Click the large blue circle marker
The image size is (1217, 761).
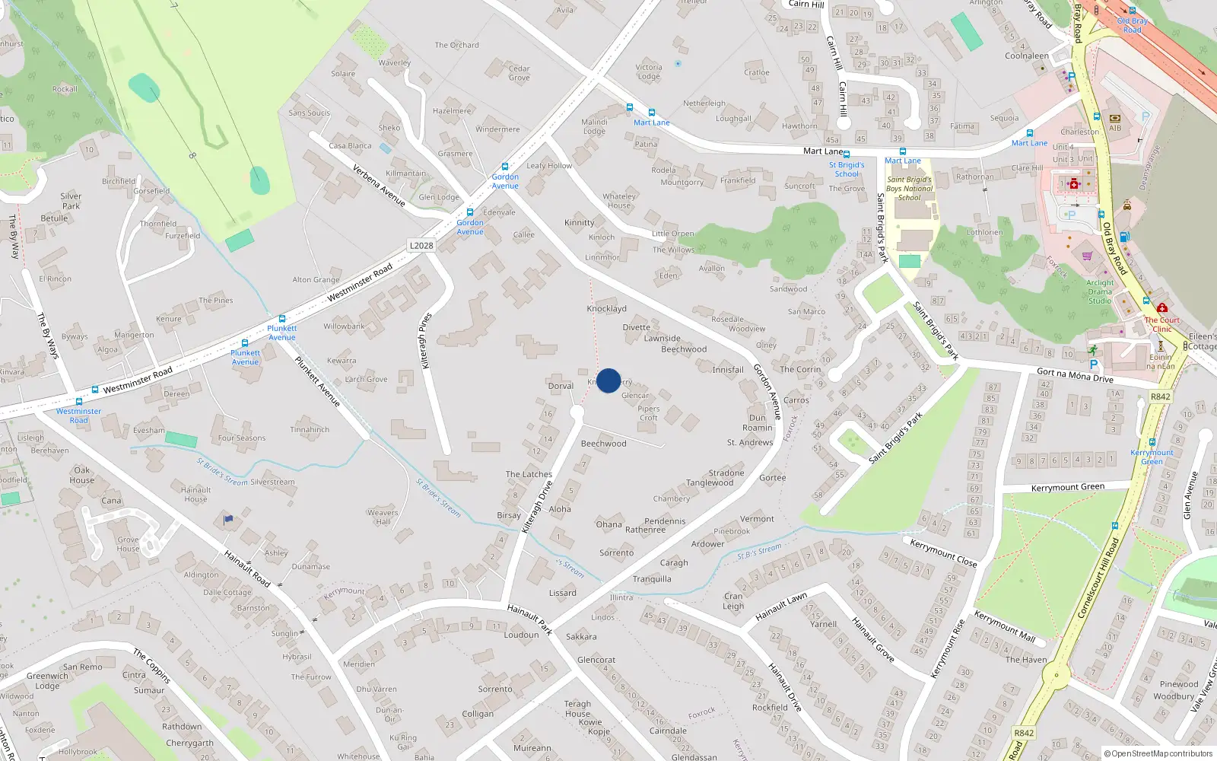pyautogui.click(x=608, y=380)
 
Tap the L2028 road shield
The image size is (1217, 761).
pyautogui.click(x=421, y=245)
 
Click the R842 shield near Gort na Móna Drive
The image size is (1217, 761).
pyautogui.click(x=1160, y=396)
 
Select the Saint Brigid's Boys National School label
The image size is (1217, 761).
pyautogui.click(x=909, y=189)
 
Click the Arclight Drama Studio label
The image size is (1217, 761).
pyautogui.click(x=1100, y=291)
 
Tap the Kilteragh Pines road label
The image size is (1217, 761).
pyautogui.click(x=426, y=340)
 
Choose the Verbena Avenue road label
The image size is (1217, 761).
pyautogui.click(x=379, y=186)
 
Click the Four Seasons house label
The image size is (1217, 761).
pyautogui.click(x=241, y=438)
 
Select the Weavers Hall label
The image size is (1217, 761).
pyautogui.click(x=383, y=517)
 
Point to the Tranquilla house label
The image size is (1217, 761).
pyautogui.click(x=652, y=579)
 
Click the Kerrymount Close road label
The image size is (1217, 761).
pyautogui.click(x=943, y=552)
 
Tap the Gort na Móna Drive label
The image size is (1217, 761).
pyautogui.click(x=1075, y=375)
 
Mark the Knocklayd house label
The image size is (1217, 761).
pyautogui.click(x=606, y=308)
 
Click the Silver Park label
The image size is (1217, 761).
pyautogui.click(x=71, y=201)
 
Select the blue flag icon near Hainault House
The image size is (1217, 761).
pyautogui.click(x=228, y=519)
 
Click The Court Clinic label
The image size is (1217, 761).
pyautogui.click(x=1161, y=324)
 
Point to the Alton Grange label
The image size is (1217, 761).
pyautogui.click(x=316, y=279)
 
